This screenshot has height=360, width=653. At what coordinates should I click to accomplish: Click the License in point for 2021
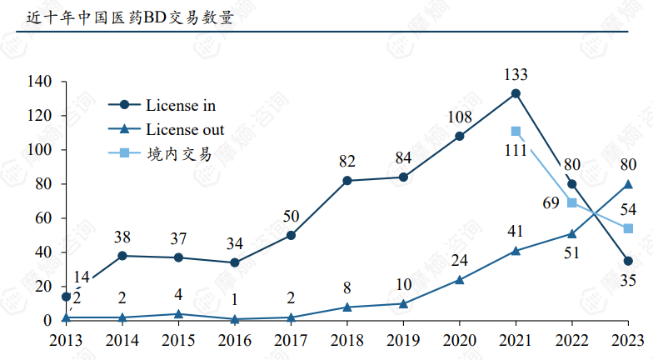point(516,93)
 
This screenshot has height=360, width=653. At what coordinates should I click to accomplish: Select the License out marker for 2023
point(628,183)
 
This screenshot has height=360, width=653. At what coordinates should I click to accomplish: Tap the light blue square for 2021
point(516,131)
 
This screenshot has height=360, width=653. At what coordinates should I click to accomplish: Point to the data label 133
point(516,75)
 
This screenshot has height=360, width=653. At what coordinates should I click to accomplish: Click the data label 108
point(460,117)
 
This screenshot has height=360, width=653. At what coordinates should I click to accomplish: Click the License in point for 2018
point(347,180)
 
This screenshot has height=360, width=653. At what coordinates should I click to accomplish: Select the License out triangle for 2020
point(460,279)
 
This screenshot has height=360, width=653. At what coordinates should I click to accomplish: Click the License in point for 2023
point(628,261)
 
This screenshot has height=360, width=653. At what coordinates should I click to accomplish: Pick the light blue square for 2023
point(628,228)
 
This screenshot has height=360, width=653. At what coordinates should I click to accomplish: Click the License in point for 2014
point(122,256)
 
